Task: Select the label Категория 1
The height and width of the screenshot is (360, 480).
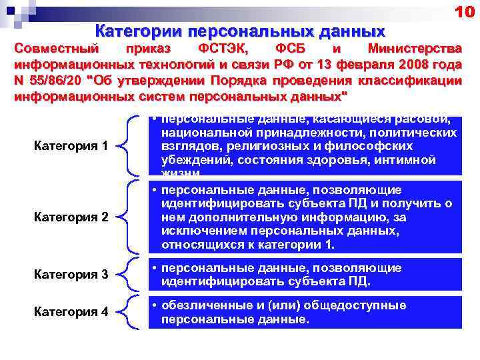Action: click(x=71, y=146)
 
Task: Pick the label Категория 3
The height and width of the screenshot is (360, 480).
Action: click(x=71, y=275)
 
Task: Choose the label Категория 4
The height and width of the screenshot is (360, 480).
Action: click(x=71, y=311)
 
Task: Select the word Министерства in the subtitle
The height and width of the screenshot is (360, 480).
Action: click(x=414, y=49)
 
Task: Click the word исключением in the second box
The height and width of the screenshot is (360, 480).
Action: click(x=197, y=231)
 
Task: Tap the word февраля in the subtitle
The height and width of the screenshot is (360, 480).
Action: click(x=365, y=65)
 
